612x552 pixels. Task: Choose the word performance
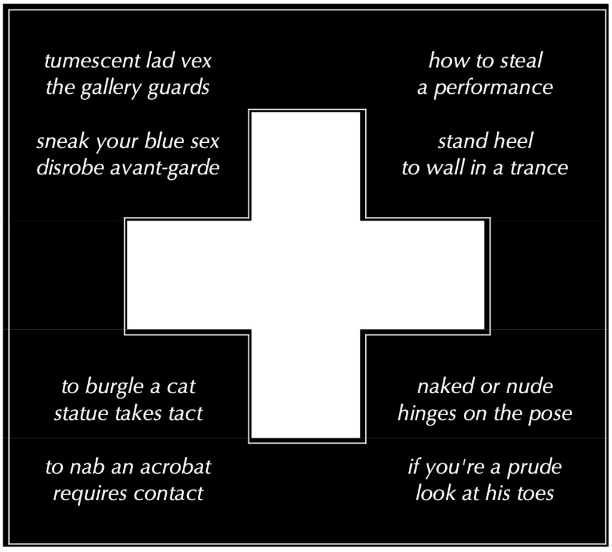point(493,88)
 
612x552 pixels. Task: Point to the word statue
point(79,413)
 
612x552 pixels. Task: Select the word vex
point(196,61)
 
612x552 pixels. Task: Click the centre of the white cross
point(305,275)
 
